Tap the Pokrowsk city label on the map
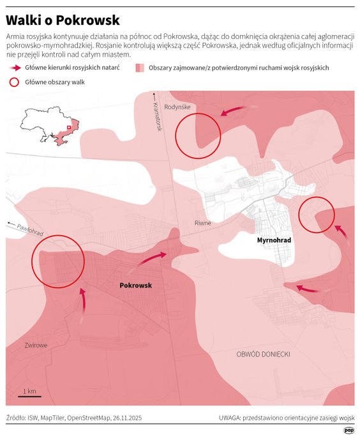click(x=136, y=286)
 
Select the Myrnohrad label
click(x=274, y=240)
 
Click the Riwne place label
click(x=203, y=223)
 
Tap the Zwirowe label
click(x=36, y=345)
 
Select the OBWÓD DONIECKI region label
click(x=263, y=353)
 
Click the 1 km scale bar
click(x=29, y=396)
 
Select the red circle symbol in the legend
click(x=14, y=82)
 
